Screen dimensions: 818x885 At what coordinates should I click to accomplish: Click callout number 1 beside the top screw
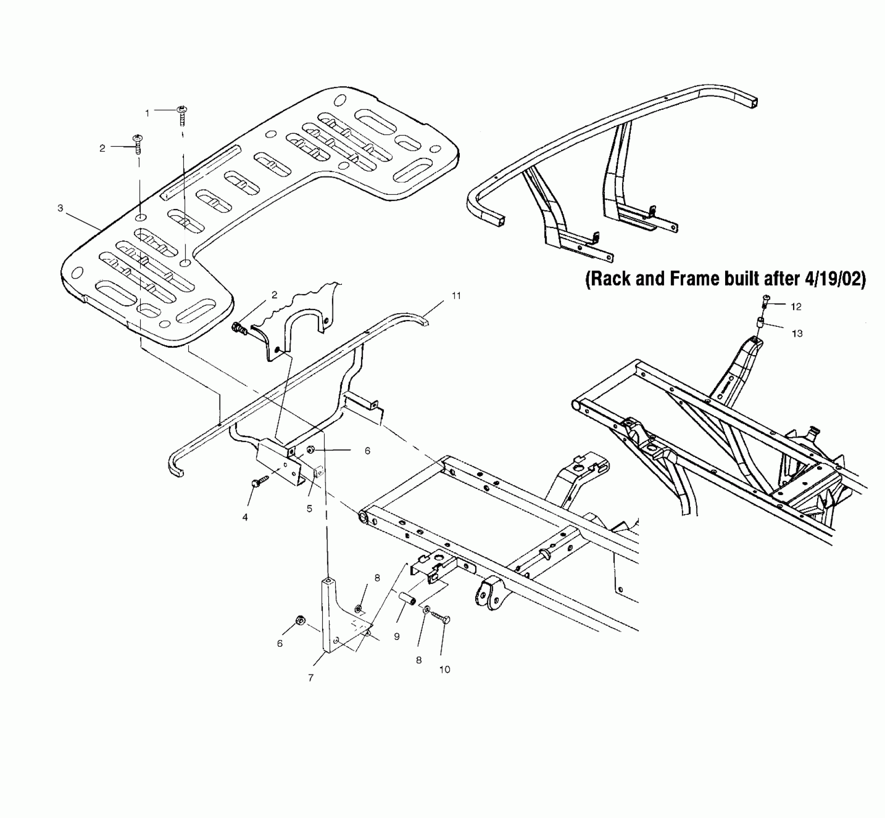pyautogui.click(x=147, y=113)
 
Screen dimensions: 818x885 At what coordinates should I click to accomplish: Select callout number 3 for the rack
pyautogui.click(x=60, y=208)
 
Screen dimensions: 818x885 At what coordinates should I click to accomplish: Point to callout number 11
pyautogui.click(x=456, y=295)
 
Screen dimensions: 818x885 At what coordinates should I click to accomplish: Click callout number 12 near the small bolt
pyautogui.click(x=796, y=307)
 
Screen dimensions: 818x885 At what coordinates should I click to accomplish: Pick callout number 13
pyautogui.click(x=797, y=333)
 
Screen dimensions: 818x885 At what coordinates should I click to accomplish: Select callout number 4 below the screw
pyautogui.click(x=245, y=517)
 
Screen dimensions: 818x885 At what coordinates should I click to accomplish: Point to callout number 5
pyautogui.click(x=309, y=508)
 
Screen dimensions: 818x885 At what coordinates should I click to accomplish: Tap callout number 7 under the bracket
pyautogui.click(x=311, y=678)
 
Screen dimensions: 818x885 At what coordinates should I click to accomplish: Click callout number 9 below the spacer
pyautogui.click(x=397, y=636)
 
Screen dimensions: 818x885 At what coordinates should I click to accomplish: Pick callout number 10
pyautogui.click(x=444, y=669)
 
